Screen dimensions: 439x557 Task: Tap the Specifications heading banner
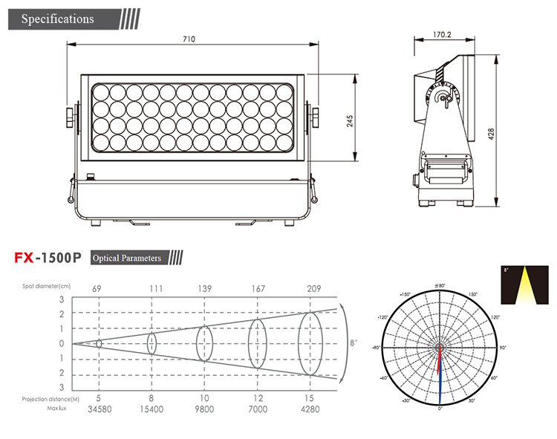tap(58, 19)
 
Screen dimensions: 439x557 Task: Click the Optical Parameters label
tap(126, 258)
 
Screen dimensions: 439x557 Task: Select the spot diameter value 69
tap(98, 288)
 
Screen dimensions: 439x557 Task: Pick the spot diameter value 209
tap(315, 288)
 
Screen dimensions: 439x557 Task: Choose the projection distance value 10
tap(204, 399)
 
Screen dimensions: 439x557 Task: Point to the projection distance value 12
tap(258, 399)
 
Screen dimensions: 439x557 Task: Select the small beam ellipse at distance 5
tap(99, 343)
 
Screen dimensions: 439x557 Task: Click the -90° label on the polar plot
tap(377, 348)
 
